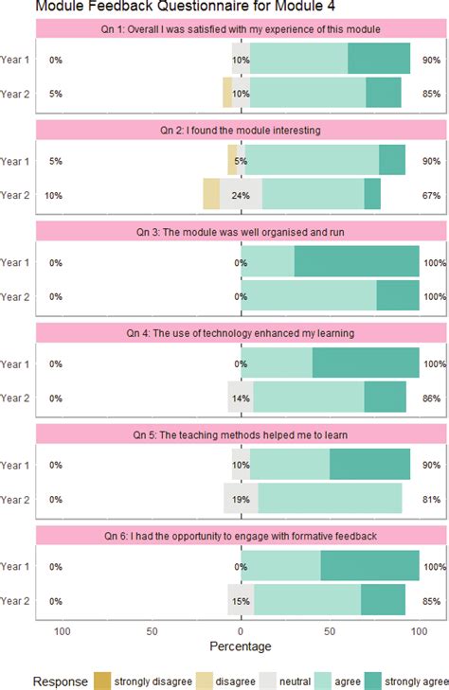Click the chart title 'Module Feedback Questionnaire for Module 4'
point(185,6)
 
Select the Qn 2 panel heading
point(241,131)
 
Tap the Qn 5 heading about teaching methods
point(241,435)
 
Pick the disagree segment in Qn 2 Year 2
point(211,194)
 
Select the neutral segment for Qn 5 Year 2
point(241,498)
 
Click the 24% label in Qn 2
point(241,195)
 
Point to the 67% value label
point(431,195)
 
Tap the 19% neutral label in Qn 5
point(241,500)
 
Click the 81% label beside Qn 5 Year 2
point(431,500)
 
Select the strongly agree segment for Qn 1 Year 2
point(384,93)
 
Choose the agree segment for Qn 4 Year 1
point(277,363)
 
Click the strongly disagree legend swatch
point(102,681)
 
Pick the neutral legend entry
point(286,681)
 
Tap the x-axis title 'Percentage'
point(241,646)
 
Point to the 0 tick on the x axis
point(241,631)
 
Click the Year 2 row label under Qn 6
point(15,601)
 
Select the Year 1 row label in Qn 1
point(15,60)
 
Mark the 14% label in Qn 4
point(241,398)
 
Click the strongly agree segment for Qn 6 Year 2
point(383,599)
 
